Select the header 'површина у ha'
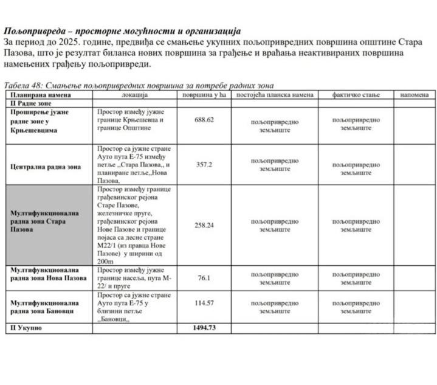[x=204, y=95]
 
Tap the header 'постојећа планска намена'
[x=274, y=95]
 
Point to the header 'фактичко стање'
[x=356, y=95]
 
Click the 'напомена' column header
[x=414, y=95]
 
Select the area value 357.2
[x=204, y=164]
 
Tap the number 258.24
[x=204, y=225]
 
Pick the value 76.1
[x=204, y=278]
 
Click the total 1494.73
[x=204, y=328]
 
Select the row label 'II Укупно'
[x=25, y=328]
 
